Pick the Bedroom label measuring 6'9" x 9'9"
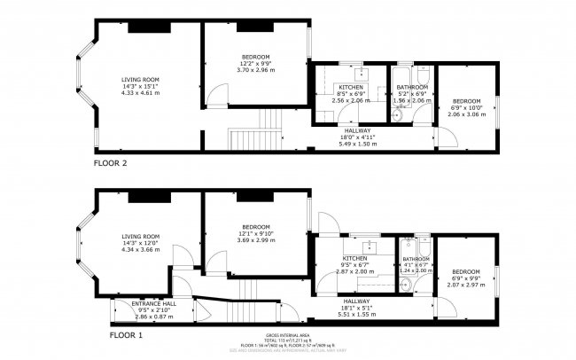click(465, 271)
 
